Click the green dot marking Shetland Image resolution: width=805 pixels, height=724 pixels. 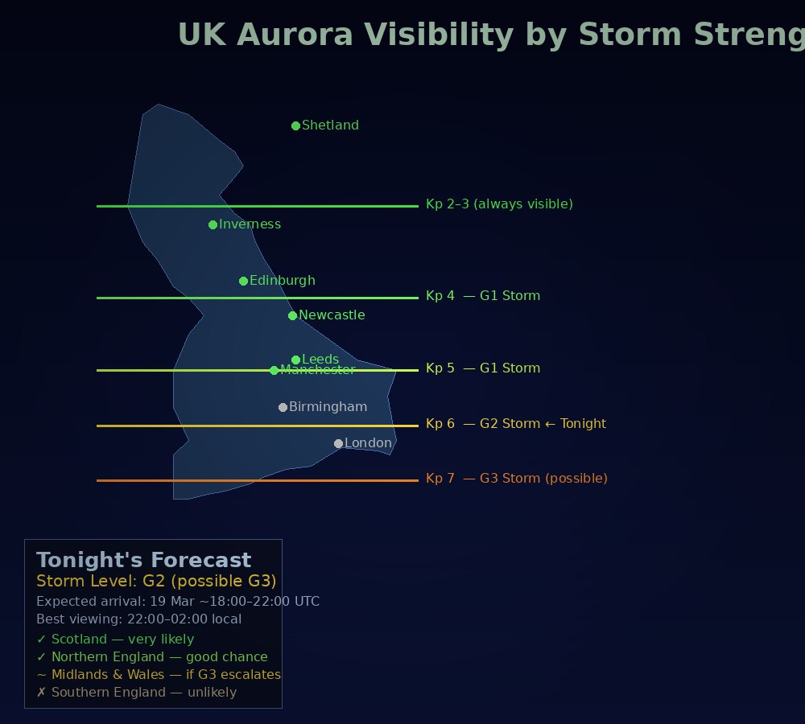pyautogui.click(x=295, y=125)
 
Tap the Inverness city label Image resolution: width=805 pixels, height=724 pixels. pyautogui.click(x=250, y=224)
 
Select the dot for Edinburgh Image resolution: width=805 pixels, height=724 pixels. pyautogui.click(x=243, y=281)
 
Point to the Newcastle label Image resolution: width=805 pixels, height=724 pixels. pyautogui.click(x=332, y=315)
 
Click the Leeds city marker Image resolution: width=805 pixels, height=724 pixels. pyautogui.click(x=295, y=360)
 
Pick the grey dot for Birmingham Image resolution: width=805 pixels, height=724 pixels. pyautogui.click(x=283, y=407)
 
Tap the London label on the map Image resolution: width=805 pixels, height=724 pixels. pyautogui.click(x=368, y=443)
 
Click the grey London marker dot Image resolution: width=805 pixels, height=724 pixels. pyautogui.click(x=338, y=443)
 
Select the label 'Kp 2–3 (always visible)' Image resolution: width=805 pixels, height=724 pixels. pyautogui.click(x=499, y=204)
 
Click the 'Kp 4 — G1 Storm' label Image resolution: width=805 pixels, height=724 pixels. pyautogui.click(x=483, y=296)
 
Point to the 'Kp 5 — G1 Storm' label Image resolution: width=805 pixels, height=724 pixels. pyautogui.click(x=483, y=368)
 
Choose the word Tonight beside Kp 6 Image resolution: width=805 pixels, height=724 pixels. pyautogui.click(x=584, y=424)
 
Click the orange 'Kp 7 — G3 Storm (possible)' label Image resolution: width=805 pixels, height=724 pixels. pyautogui.click(x=517, y=479)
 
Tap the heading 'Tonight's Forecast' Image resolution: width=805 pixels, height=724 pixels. pyautogui.click(x=143, y=561)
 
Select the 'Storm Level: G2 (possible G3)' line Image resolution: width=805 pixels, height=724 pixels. pyautogui.click(x=156, y=581)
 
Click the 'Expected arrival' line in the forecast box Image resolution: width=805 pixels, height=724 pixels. pyautogui.click(x=178, y=601)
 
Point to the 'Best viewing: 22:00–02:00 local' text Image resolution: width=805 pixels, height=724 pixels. pyautogui.click(x=138, y=619)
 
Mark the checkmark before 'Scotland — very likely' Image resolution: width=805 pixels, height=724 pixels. pyautogui.click(x=42, y=640)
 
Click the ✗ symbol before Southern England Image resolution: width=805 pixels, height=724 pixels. pyautogui.click(x=42, y=693)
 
